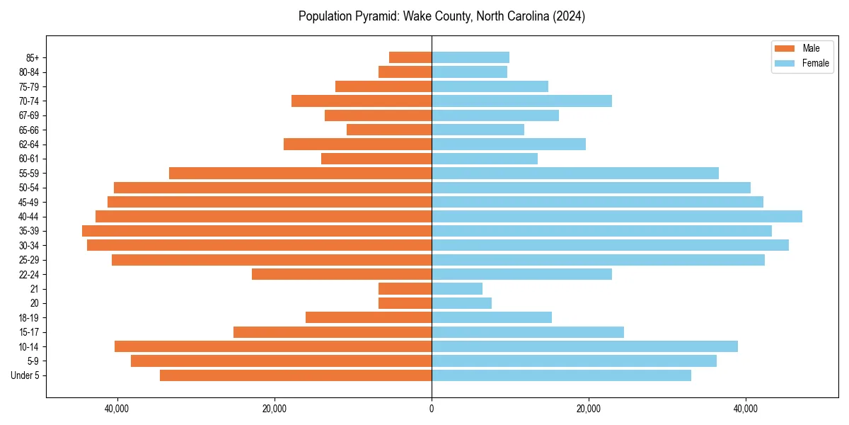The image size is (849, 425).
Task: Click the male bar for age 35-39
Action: tap(257, 231)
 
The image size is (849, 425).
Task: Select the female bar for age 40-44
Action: tap(617, 217)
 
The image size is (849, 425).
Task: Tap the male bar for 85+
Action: tap(410, 57)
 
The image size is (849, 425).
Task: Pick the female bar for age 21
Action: tap(457, 289)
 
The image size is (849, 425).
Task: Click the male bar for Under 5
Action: tap(296, 375)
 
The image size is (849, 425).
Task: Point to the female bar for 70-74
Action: tap(521, 101)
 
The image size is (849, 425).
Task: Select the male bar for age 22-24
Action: tap(342, 274)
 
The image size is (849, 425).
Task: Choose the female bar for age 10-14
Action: tap(584, 346)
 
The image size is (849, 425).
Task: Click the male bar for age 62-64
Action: tap(357, 144)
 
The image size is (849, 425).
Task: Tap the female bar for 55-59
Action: tap(575, 174)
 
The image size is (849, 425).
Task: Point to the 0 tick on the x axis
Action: tap(432, 409)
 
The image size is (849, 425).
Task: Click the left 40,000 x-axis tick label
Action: tap(117, 409)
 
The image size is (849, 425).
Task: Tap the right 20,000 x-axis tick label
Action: tap(589, 409)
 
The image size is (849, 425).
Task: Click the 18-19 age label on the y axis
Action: tap(29, 318)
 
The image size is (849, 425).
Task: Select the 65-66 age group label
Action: tap(29, 130)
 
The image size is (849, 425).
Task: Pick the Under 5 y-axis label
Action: tap(25, 375)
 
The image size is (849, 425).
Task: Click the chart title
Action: tap(441, 16)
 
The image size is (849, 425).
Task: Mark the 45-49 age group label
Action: tap(29, 203)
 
